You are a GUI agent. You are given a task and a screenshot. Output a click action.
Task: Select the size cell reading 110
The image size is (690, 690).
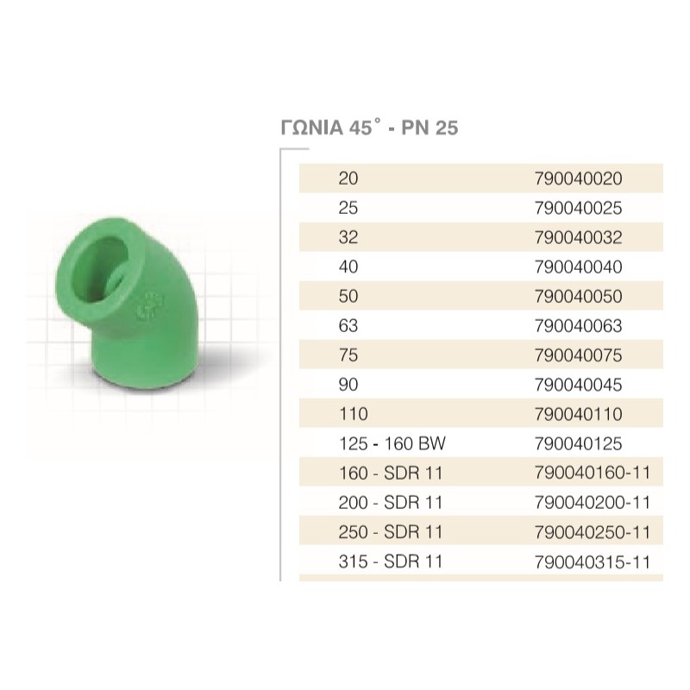tap(354, 414)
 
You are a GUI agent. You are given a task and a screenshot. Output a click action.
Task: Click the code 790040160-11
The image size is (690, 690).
tap(591, 474)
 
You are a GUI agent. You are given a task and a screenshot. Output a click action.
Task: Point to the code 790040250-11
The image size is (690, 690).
tap(591, 532)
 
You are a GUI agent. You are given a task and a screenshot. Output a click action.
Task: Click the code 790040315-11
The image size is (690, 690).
tap(591, 562)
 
